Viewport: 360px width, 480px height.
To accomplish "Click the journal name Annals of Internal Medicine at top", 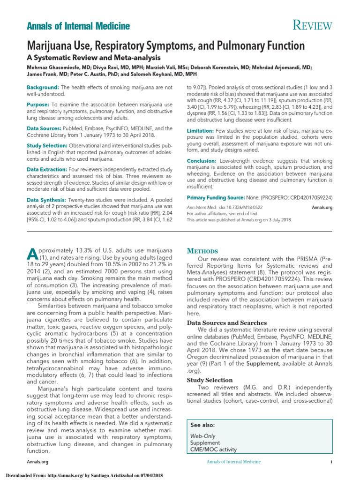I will tap(78, 27).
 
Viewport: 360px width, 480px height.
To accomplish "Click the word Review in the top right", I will tap(313, 26).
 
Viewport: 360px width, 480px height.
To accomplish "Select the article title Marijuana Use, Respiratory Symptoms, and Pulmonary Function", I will tap(165, 46).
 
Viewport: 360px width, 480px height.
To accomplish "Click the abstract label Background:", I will tap(43, 88).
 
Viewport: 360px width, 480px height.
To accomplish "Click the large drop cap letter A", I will tap(32, 253).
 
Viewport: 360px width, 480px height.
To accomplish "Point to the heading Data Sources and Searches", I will tap(227, 323).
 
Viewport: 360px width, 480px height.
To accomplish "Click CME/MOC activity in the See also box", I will tap(213, 450).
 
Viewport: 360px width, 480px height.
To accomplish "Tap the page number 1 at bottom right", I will tap(331, 463).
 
